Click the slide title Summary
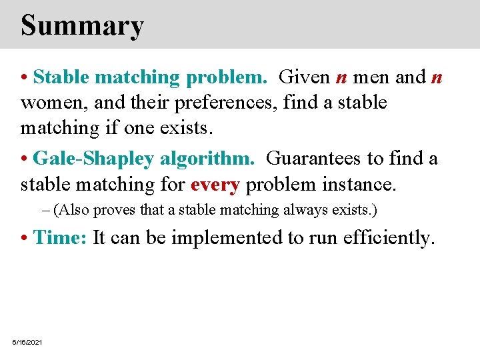82,25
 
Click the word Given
304,77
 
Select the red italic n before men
341,77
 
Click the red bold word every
215,184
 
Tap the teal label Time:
60,237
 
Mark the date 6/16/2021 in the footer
27,342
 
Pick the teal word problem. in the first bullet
227,77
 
